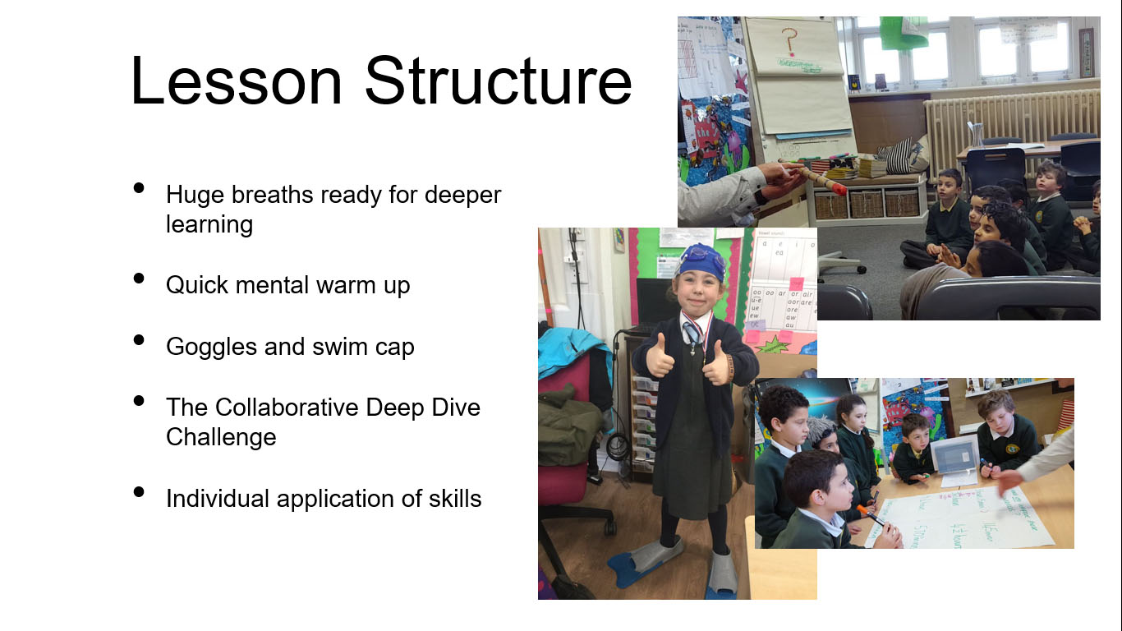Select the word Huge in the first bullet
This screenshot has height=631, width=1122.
(195, 195)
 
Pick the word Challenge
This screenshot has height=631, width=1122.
(221, 437)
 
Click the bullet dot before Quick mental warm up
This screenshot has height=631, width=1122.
(139, 279)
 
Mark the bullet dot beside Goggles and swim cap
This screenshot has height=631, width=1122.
(139, 340)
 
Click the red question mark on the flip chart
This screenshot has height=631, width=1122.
(790, 39)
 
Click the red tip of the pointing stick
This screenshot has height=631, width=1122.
(839, 188)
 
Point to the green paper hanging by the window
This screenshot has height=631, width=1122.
(903, 33)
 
